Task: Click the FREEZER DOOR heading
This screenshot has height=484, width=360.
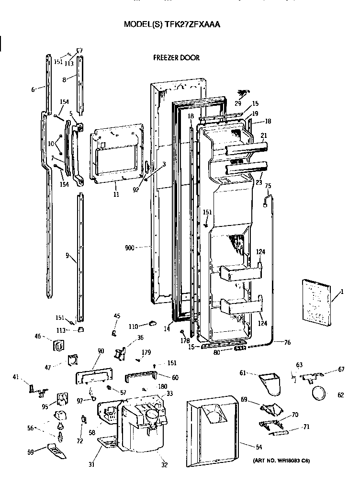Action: pyautogui.click(x=176, y=57)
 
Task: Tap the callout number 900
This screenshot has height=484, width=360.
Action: pyautogui.click(x=130, y=248)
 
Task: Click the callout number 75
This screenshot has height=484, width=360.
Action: pyautogui.click(x=268, y=186)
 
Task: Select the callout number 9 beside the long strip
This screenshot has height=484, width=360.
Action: pyautogui.click(x=67, y=256)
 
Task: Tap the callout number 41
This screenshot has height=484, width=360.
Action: pyautogui.click(x=16, y=377)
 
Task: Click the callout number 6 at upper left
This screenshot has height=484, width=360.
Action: pyautogui.click(x=33, y=90)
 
